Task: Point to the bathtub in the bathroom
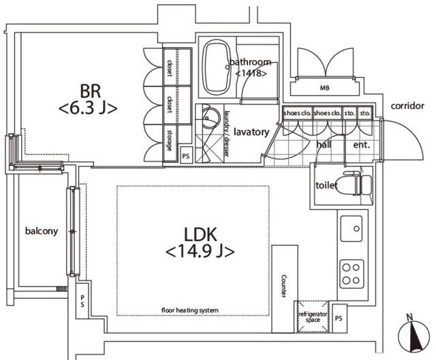pos(217,67)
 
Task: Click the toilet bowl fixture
pos(358,183)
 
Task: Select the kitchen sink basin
pos(352,229)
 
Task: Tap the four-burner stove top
pos(352,274)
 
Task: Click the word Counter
pos(283,286)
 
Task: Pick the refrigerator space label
pos(313,317)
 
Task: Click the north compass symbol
pos(414,334)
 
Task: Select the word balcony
pos(42,231)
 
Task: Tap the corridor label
pos(407,106)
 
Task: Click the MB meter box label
pos(324,88)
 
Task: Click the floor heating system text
pos(190,310)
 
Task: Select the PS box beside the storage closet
pos(186,156)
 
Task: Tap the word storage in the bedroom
pos(169,140)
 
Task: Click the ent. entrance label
pos(362,145)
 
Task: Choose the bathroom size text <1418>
pos(251,73)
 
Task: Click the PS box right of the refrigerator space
pos(339,318)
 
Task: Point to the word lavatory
pos(251,132)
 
